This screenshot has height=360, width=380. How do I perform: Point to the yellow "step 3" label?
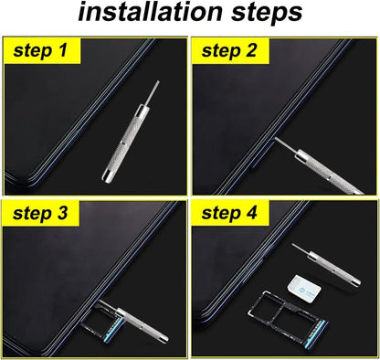[x=41, y=215]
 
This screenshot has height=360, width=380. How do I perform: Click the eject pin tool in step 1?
[x=126, y=138]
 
